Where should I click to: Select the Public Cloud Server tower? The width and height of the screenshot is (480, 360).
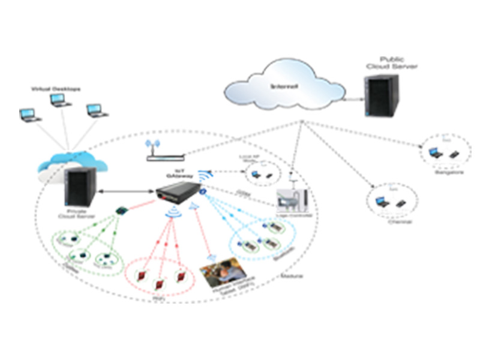click(381, 96)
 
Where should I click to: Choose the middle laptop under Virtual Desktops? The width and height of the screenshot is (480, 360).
click(61, 100)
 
